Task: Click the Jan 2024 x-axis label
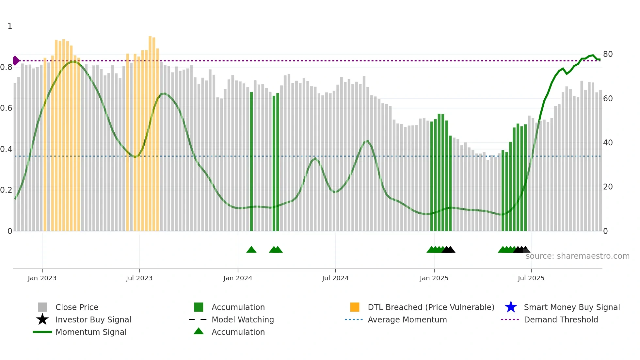[238, 278]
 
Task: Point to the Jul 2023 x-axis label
[139, 278]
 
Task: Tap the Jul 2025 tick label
[531, 278]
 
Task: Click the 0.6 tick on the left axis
[6, 108]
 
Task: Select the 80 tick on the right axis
[608, 54]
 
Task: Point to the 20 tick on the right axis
[608, 187]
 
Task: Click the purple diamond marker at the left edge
[16, 60]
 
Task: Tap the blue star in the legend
[511, 307]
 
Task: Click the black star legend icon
[42, 319]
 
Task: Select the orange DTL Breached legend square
[355, 307]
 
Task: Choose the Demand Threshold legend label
[561, 319]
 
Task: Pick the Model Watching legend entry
[243, 319]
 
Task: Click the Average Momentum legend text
[407, 319]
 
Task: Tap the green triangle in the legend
[199, 331]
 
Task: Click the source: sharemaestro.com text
[577, 256]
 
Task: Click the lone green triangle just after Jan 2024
[251, 250]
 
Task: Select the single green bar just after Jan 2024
[251, 162]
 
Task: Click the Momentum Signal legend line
[42, 332]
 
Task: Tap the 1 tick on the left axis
[10, 26]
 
